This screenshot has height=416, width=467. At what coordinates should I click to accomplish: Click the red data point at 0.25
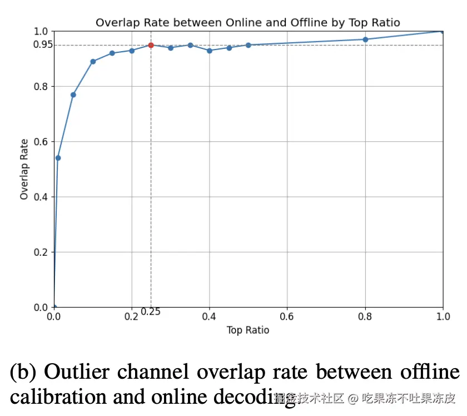(x=151, y=45)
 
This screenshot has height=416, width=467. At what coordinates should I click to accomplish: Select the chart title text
(x=247, y=22)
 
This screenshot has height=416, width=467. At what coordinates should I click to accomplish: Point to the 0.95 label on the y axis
(x=42, y=44)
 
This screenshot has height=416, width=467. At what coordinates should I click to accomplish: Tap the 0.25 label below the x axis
(x=151, y=312)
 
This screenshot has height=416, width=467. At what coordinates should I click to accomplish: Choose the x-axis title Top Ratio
(x=248, y=330)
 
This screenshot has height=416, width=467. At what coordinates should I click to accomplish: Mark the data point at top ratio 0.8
(x=365, y=39)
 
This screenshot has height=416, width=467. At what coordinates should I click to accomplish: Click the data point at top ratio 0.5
(x=249, y=45)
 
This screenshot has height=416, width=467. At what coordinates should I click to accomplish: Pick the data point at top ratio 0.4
(x=210, y=51)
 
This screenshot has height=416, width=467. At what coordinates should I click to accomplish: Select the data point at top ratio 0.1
(x=93, y=61)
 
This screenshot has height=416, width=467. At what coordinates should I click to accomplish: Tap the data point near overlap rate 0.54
(x=58, y=158)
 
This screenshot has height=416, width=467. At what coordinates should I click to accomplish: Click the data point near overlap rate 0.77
(x=73, y=95)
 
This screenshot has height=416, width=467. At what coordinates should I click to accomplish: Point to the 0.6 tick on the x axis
(x=287, y=316)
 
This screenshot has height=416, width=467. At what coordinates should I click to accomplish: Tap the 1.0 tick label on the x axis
(x=443, y=316)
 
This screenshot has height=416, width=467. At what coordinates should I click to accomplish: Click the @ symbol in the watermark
(x=352, y=398)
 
